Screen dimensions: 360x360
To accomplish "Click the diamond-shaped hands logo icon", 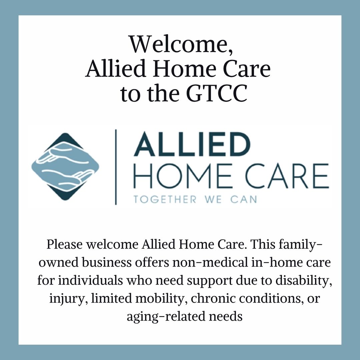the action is [65, 166].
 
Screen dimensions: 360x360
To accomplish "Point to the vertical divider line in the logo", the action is [116, 167].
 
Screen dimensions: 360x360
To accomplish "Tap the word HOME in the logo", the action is [183, 176].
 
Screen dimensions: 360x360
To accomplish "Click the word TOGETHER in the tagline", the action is [165, 199].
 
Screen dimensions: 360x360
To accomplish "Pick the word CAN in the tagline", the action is [244, 199].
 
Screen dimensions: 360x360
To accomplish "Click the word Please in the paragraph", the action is [65, 245].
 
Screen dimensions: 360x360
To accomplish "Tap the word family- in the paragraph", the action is [301, 245].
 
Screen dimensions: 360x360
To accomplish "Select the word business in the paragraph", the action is [107, 262].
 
